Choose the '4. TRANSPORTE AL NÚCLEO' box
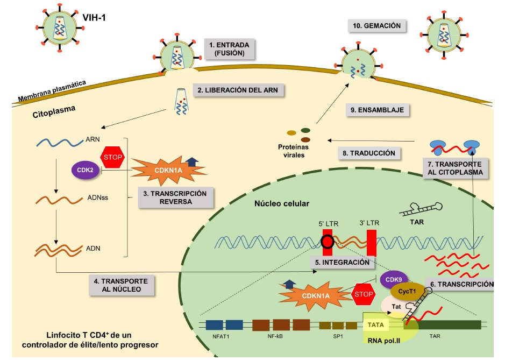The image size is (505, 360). pyautogui.click(x=122, y=285)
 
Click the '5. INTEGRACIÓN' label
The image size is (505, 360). pyautogui.click(x=342, y=262)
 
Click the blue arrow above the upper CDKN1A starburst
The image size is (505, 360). pyautogui.click(x=191, y=161)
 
